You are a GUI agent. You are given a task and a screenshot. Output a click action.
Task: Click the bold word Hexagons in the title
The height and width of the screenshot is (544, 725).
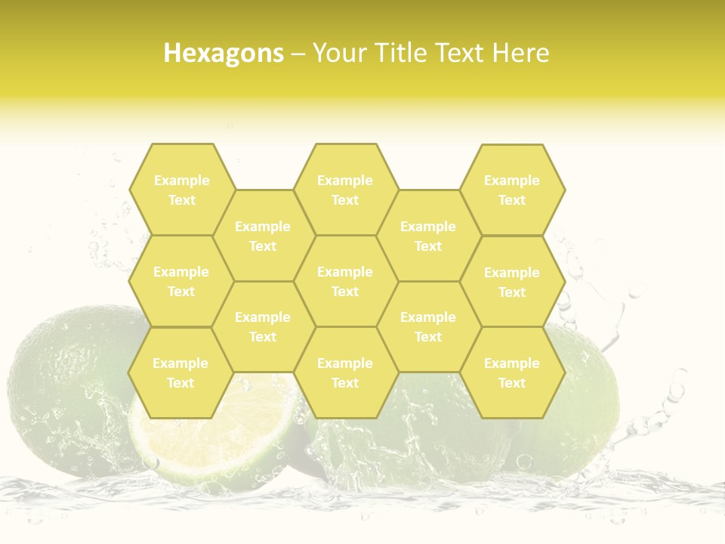point(224,53)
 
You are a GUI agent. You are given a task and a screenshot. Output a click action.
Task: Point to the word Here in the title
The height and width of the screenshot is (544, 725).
point(521,53)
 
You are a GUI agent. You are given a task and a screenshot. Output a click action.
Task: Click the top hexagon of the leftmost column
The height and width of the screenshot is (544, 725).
point(181,190)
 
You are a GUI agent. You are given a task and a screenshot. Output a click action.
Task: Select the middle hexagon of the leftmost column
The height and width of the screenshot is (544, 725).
point(181,281)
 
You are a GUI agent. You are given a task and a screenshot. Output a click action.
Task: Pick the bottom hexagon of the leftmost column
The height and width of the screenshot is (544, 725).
point(180,372)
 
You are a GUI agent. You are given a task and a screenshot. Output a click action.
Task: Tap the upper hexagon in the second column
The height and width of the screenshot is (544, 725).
point(263,236)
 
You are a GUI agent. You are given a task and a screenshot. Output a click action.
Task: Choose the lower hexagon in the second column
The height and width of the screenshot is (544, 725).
point(263,326)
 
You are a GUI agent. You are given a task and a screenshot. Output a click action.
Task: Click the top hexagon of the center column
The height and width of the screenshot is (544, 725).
point(345,190)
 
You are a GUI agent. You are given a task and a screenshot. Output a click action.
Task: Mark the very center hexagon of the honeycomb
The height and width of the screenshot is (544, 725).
point(345,281)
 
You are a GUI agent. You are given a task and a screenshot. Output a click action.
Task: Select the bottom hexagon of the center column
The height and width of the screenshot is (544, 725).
point(345,372)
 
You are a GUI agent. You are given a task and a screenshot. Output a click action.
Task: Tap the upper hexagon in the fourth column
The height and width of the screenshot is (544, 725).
point(428,236)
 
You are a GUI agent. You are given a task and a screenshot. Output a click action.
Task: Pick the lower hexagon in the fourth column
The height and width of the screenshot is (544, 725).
point(428,326)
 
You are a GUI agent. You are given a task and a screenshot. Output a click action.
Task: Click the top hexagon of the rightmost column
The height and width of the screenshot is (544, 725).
point(512,190)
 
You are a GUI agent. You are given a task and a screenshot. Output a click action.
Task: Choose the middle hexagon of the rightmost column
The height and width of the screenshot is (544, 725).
point(512,282)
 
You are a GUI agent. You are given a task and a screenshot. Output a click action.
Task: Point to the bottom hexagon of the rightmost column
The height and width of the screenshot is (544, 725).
point(512,372)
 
